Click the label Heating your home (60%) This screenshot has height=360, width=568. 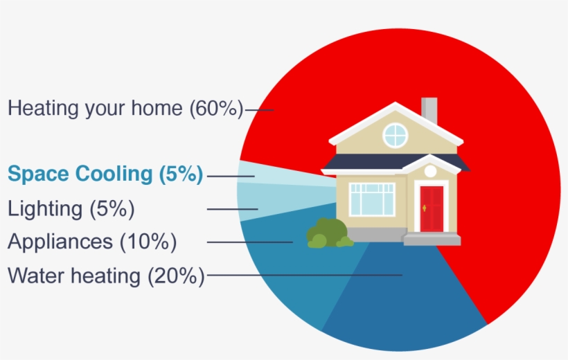coord(125,109)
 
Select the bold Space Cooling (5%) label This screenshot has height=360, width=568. coord(105,174)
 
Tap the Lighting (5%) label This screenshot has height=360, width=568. coord(71,208)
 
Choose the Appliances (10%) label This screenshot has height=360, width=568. coord(92,242)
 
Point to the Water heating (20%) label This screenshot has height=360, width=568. coord(106,276)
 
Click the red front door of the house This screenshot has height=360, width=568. coord(432,208)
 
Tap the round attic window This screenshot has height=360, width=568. coord(395,134)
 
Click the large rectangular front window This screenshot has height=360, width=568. coord(372,199)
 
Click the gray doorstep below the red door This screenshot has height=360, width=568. coord(432,239)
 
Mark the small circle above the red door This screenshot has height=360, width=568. coord(430,171)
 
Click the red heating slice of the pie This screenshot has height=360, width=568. coord(499,173)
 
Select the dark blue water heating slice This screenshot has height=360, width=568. coord(402,305)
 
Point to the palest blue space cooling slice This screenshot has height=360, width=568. coord(263,173)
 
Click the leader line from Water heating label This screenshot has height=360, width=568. coord(305,276)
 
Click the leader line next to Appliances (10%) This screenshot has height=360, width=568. coord(249,242)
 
